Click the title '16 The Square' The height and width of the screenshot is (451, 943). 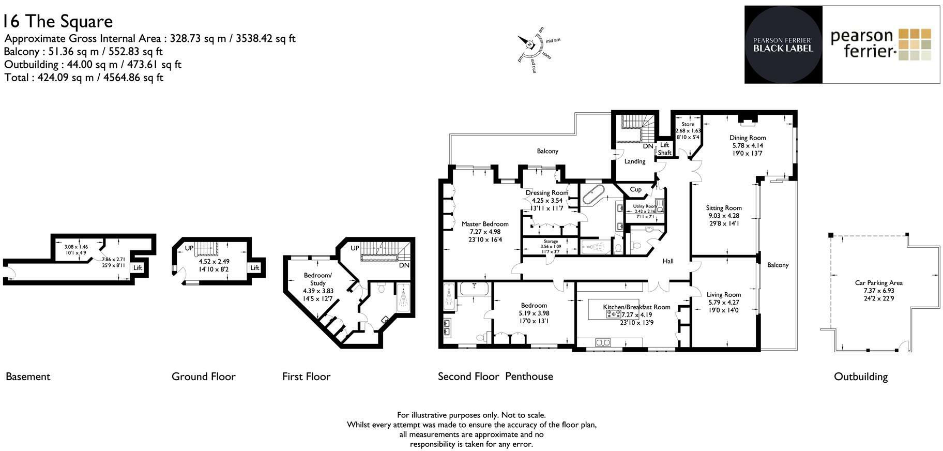(x=57, y=21)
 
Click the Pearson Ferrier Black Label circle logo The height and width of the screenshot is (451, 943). (x=783, y=44)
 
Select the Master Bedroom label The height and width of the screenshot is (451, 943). (x=485, y=224)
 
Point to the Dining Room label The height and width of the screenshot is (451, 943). (x=747, y=138)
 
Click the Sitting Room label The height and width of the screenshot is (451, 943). (x=724, y=208)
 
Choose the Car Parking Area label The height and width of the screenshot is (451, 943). (x=878, y=283)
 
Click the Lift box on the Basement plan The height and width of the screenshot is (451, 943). (x=138, y=268)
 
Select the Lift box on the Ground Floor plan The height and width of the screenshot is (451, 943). (x=255, y=268)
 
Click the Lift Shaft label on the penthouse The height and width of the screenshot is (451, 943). (x=664, y=149)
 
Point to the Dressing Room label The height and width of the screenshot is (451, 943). (x=546, y=193)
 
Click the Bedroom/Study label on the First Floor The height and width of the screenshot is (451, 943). (x=317, y=279)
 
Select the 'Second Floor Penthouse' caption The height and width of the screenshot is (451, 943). (x=495, y=377)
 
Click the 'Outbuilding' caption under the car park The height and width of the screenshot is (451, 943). (x=860, y=377)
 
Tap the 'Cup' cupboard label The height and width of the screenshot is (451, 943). (x=635, y=189)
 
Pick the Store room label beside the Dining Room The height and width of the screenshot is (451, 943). (x=688, y=124)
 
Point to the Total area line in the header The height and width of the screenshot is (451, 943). (x=83, y=78)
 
